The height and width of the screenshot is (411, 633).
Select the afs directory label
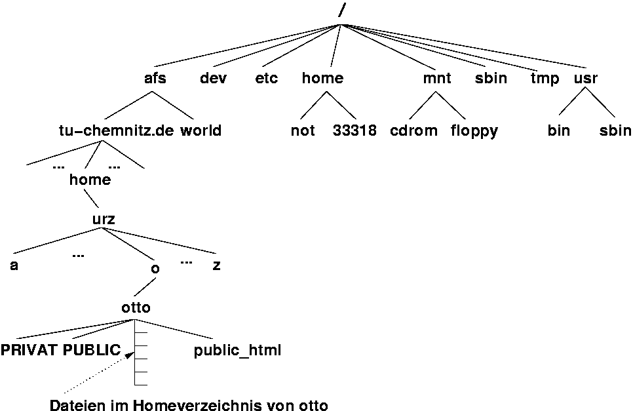tap(155, 79)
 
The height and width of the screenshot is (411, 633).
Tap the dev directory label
tap(214, 79)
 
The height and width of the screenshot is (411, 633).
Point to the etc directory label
tap(267, 79)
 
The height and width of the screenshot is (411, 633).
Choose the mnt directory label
tap(437, 79)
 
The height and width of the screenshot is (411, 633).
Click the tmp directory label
tap(545, 79)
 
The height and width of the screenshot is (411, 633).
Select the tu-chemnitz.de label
tap(116, 130)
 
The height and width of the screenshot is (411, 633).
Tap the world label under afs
tap(201, 130)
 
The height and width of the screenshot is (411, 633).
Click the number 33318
tap(355, 130)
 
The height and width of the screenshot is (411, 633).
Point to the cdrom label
tap(413, 130)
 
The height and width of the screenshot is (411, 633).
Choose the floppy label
tap(474, 131)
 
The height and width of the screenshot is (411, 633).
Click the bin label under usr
tap(559, 130)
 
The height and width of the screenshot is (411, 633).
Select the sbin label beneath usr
tap(615, 130)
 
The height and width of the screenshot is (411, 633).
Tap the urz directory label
tap(104, 220)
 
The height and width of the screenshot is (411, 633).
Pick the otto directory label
tap(136, 307)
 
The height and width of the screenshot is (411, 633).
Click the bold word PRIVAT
tap(29, 351)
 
